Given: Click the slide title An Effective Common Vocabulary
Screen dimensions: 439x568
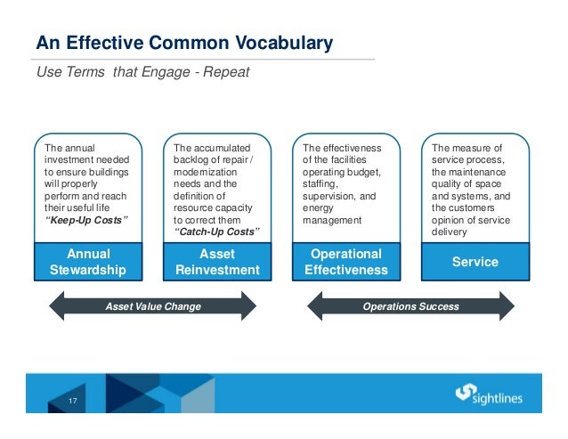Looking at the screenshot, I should pyautogui.click(x=183, y=42).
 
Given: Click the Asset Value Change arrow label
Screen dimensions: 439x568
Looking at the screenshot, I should pyautogui.click(x=154, y=306).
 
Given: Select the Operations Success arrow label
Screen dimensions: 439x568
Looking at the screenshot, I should pyautogui.click(x=410, y=306).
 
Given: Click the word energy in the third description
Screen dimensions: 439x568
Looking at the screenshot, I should pyautogui.click(x=318, y=208).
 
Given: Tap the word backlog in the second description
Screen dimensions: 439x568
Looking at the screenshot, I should pyautogui.click(x=193, y=159).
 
